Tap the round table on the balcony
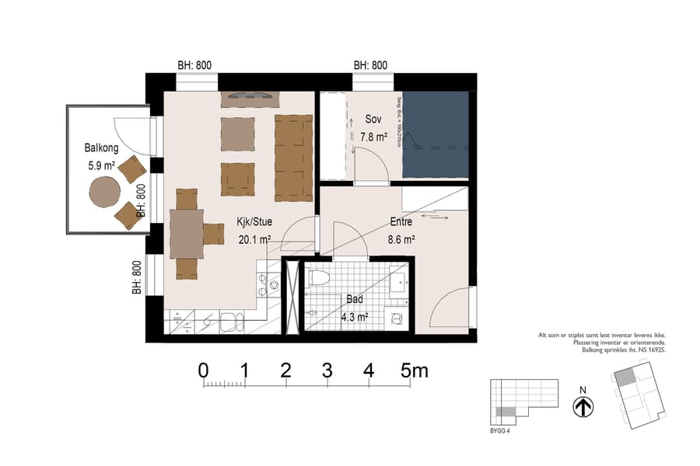(x=104, y=191)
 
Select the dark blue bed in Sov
(x=436, y=134)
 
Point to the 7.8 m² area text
(x=373, y=137)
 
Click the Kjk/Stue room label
(x=254, y=222)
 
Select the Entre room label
(x=402, y=222)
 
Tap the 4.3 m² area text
(x=355, y=316)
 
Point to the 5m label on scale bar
(x=414, y=370)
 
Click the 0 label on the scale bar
(x=204, y=370)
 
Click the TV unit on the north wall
(x=250, y=98)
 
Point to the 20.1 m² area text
(x=254, y=240)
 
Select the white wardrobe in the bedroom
(x=332, y=134)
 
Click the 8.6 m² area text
(x=402, y=240)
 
